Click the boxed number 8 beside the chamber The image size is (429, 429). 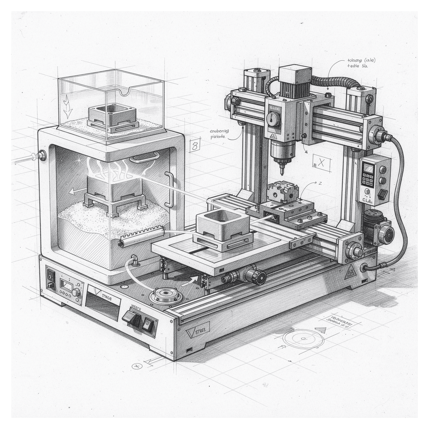(195, 145)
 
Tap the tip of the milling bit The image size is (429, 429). (282, 173)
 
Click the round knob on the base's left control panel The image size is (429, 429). (75, 292)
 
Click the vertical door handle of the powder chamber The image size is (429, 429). (170, 189)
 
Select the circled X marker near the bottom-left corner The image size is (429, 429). (137, 366)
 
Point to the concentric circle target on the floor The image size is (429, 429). (303, 338)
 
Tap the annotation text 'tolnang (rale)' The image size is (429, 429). (361, 60)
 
